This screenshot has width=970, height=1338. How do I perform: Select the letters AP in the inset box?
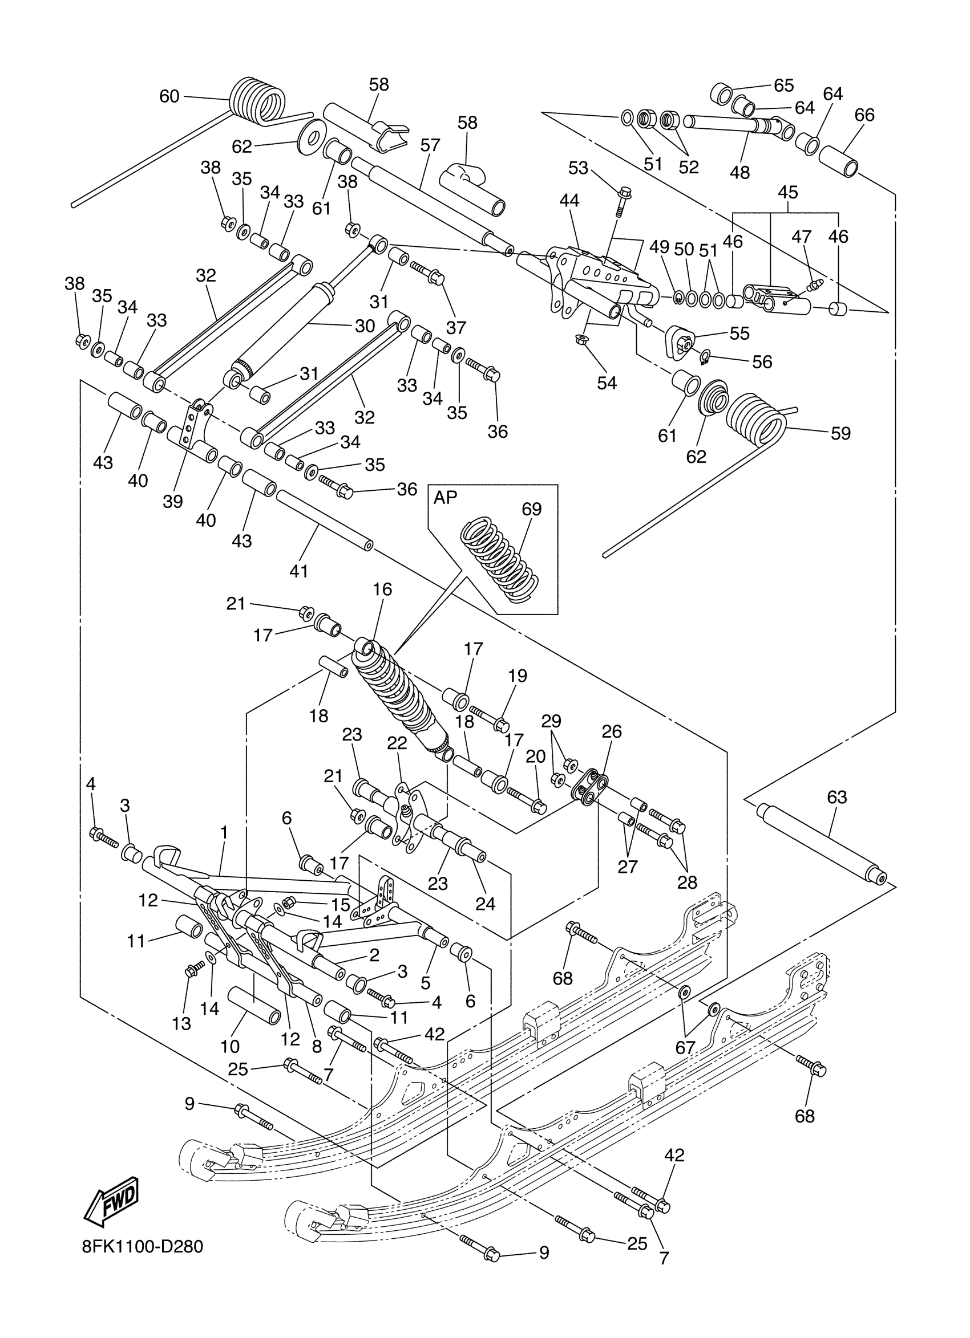tap(445, 497)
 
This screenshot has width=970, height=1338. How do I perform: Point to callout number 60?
tap(169, 96)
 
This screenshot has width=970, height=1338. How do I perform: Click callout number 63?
tap(836, 797)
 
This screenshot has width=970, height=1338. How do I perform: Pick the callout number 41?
tap(299, 571)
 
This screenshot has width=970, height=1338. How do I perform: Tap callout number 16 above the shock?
tap(382, 589)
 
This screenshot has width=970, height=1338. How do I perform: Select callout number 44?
tap(569, 201)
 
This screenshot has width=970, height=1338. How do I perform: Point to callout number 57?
tap(430, 145)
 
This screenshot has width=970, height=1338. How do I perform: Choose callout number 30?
tap(365, 326)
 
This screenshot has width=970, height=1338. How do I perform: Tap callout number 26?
tap(612, 731)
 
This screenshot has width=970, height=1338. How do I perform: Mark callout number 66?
tap(864, 115)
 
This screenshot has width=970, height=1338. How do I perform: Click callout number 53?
tap(578, 168)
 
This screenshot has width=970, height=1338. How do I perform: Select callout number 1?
tap(224, 832)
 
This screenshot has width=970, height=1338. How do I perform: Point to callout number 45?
tap(787, 192)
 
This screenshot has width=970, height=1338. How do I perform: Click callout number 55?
tap(739, 334)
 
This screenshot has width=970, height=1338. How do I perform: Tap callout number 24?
tap(486, 903)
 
